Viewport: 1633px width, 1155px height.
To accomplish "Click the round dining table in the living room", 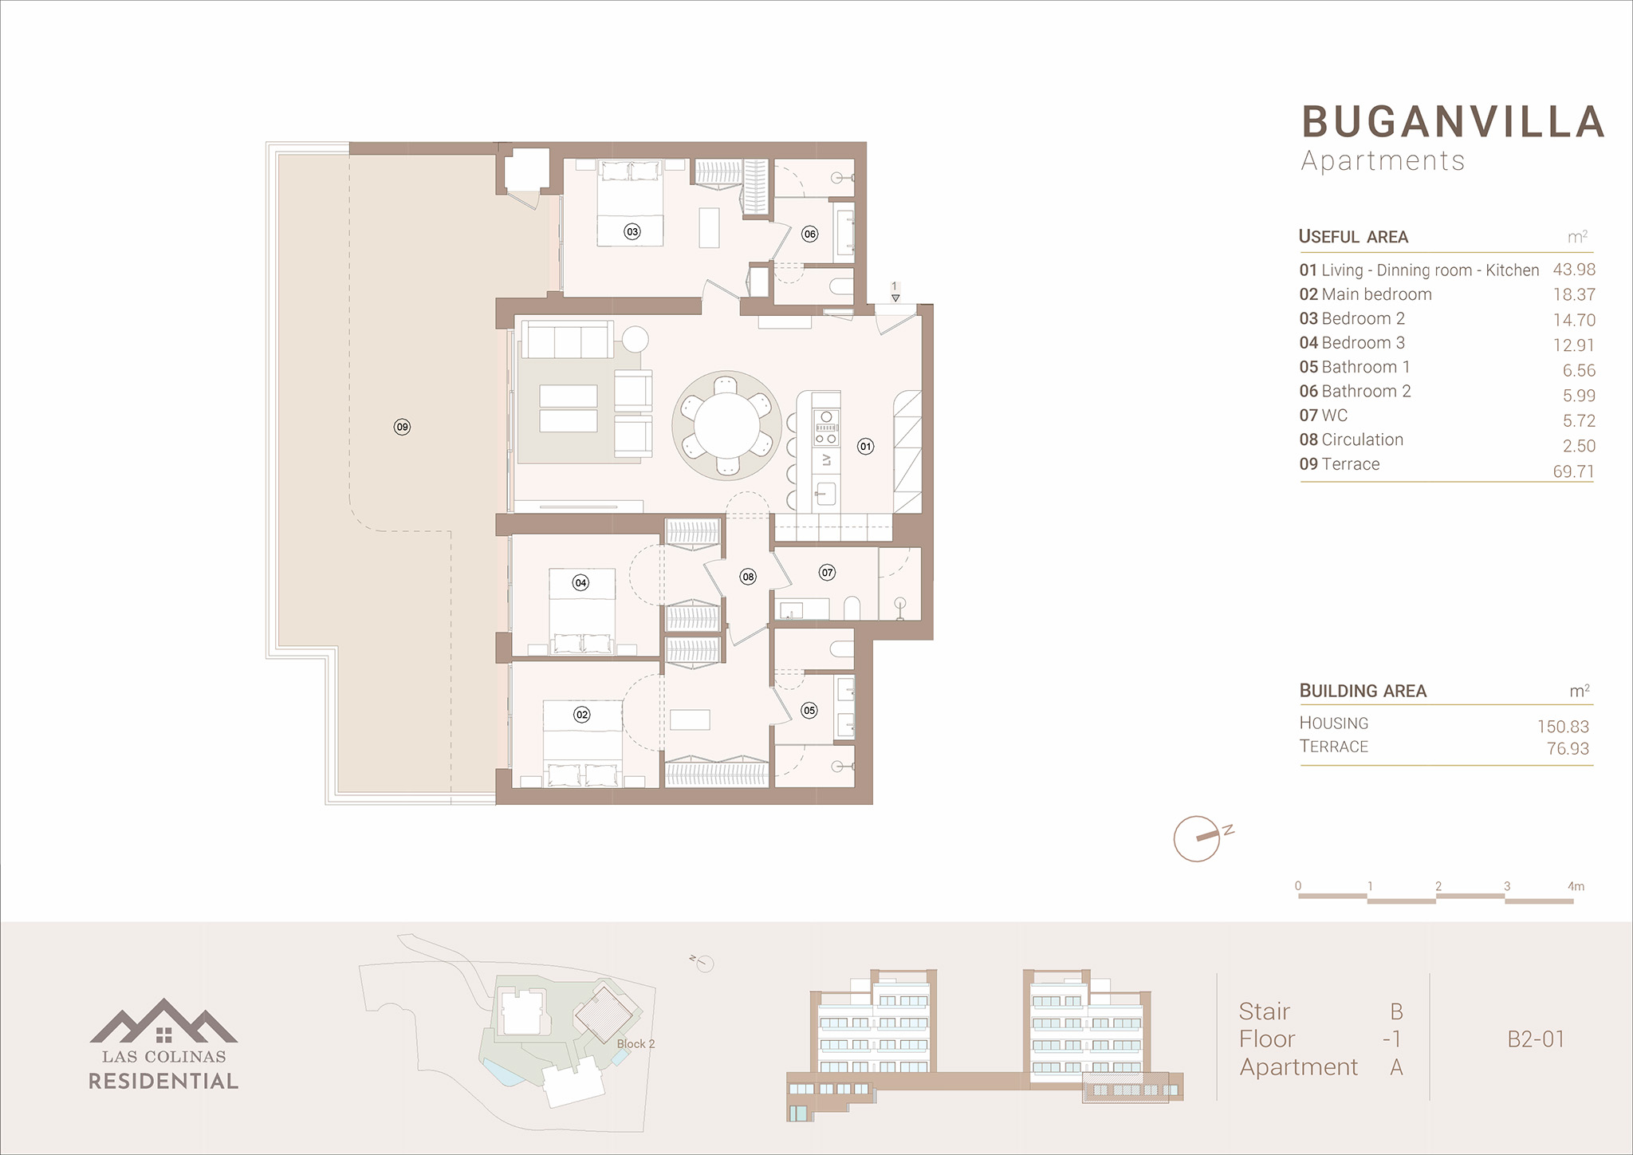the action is (x=726, y=425).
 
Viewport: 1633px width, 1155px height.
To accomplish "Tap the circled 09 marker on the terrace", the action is (x=403, y=427).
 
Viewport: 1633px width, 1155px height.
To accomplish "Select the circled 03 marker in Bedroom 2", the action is (x=632, y=232).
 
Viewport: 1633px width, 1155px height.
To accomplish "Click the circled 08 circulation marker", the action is (x=748, y=577).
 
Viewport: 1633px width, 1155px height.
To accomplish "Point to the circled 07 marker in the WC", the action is (x=828, y=572).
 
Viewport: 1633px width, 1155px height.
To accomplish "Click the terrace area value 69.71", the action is (x=1573, y=471).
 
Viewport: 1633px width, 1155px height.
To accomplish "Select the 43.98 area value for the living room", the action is (x=1574, y=270).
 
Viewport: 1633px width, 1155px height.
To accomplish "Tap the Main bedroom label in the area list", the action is (x=1376, y=294).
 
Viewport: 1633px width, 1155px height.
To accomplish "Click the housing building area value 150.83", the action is (x=1563, y=727).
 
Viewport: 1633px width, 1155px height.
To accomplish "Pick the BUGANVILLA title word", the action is (x=1454, y=122).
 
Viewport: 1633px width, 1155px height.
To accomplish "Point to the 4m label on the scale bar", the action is (x=1576, y=886).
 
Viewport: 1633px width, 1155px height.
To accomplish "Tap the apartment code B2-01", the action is (x=1536, y=1039).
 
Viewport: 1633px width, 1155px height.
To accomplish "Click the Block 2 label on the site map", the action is (x=635, y=1043).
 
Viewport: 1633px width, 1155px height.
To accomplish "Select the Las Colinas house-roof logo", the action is (x=163, y=1021).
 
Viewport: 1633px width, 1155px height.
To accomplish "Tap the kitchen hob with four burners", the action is (x=826, y=428).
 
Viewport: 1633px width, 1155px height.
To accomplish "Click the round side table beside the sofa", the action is (x=635, y=339).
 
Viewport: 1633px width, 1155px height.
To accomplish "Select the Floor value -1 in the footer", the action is (x=1392, y=1039).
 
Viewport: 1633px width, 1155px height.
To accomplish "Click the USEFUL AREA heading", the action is (x=1353, y=236).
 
